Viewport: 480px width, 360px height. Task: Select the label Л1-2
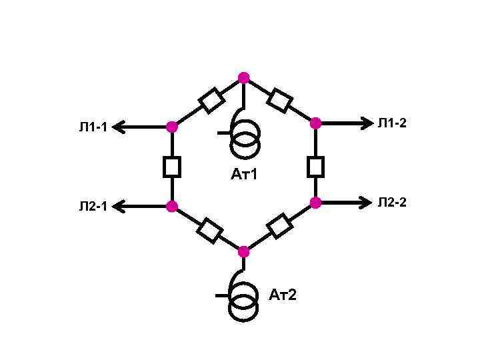pyautogui.click(x=392, y=123)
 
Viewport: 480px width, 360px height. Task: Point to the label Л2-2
pyautogui.click(x=392, y=202)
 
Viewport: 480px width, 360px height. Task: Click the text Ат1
pyautogui.click(x=244, y=175)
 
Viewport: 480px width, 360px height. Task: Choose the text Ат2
pyautogui.click(x=283, y=294)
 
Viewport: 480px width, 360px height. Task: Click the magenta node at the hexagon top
pyautogui.click(x=244, y=77)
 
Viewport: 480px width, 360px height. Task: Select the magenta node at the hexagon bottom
pyautogui.click(x=243, y=251)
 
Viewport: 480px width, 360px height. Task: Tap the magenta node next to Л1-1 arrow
pyautogui.click(x=172, y=127)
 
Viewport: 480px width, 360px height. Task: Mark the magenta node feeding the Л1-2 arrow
pyautogui.click(x=315, y=123)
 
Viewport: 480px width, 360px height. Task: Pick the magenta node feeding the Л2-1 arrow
pyautogui.click(x=172, y=206)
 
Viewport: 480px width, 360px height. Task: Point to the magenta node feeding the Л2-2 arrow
pyautogui.click(x=315, y=202)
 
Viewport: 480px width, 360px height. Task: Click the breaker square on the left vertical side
pyautogui.click(x=172, y=167)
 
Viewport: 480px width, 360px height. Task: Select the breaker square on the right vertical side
pyautogui.click(x=315, y=166)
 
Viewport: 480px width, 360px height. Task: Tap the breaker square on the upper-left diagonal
pyautogui.click(x=212, y=101)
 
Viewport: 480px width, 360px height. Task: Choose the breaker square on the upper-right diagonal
pyautogui.click(x=279, y=100)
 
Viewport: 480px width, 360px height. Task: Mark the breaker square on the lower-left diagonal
pyautogui.click(x=209, y=230)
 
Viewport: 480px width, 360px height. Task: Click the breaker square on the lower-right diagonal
pyautogui.click(x=280, y=226)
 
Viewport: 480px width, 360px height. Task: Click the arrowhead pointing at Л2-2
pyautogui.click(x=367, y=202)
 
